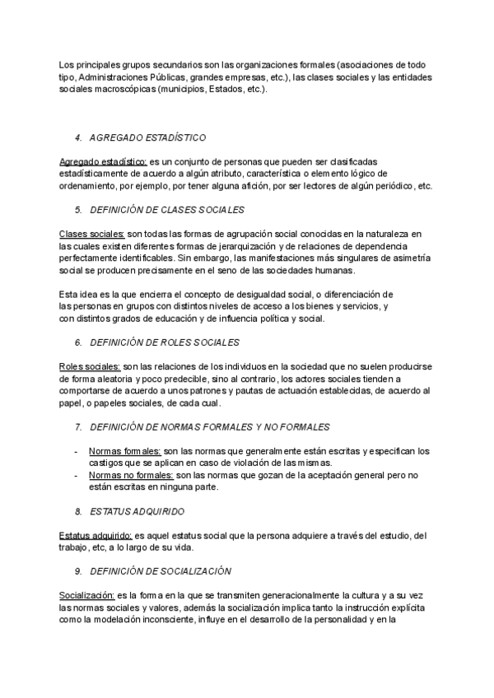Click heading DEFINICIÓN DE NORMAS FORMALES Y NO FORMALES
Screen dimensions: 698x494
click(210, 427)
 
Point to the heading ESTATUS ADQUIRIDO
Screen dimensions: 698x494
click(137, 511)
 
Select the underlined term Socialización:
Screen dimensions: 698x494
click(87, 595)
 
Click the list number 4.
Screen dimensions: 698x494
click(77, 137)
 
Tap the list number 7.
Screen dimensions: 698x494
click(77, 427)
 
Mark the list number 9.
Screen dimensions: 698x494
click(77, 570)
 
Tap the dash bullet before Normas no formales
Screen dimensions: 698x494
click(76, 475)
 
